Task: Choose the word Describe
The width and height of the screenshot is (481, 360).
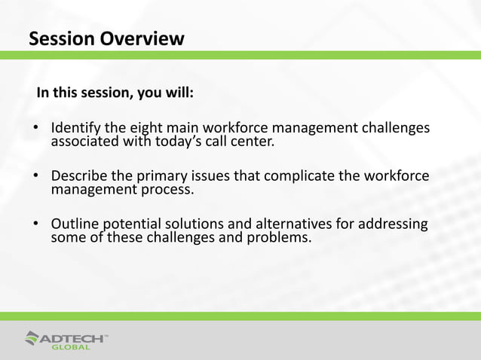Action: tap(80, 176)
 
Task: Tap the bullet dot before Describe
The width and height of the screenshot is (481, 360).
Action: tap(35, 178)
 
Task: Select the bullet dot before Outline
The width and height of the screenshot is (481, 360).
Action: tap(35, 226)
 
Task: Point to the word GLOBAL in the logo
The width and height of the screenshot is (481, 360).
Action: tap(71, 347)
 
